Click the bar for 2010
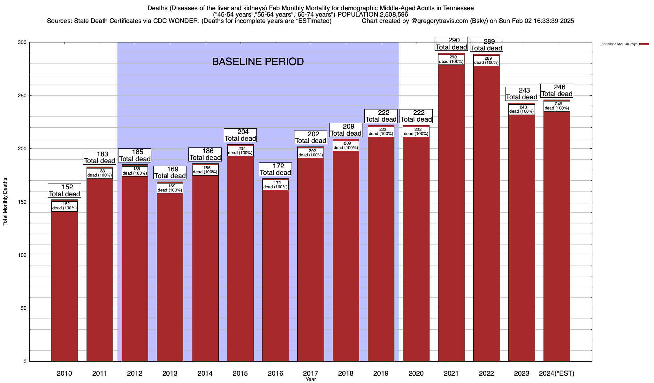[65, 284]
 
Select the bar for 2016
[275, 274]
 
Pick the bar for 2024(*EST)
[557, 236]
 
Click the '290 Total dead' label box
[451, 44]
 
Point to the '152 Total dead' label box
[65, 191]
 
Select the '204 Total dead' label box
[240, 135]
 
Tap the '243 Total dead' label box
[521, 94]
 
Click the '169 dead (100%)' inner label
[170, 188]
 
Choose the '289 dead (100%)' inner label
[486, 61]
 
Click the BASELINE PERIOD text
[258, 62]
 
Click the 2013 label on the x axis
[170, 373]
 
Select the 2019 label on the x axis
[381, 373]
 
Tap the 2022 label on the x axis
[486, 373]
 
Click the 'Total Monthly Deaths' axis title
[5, 202]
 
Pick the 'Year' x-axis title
[310, 379]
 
